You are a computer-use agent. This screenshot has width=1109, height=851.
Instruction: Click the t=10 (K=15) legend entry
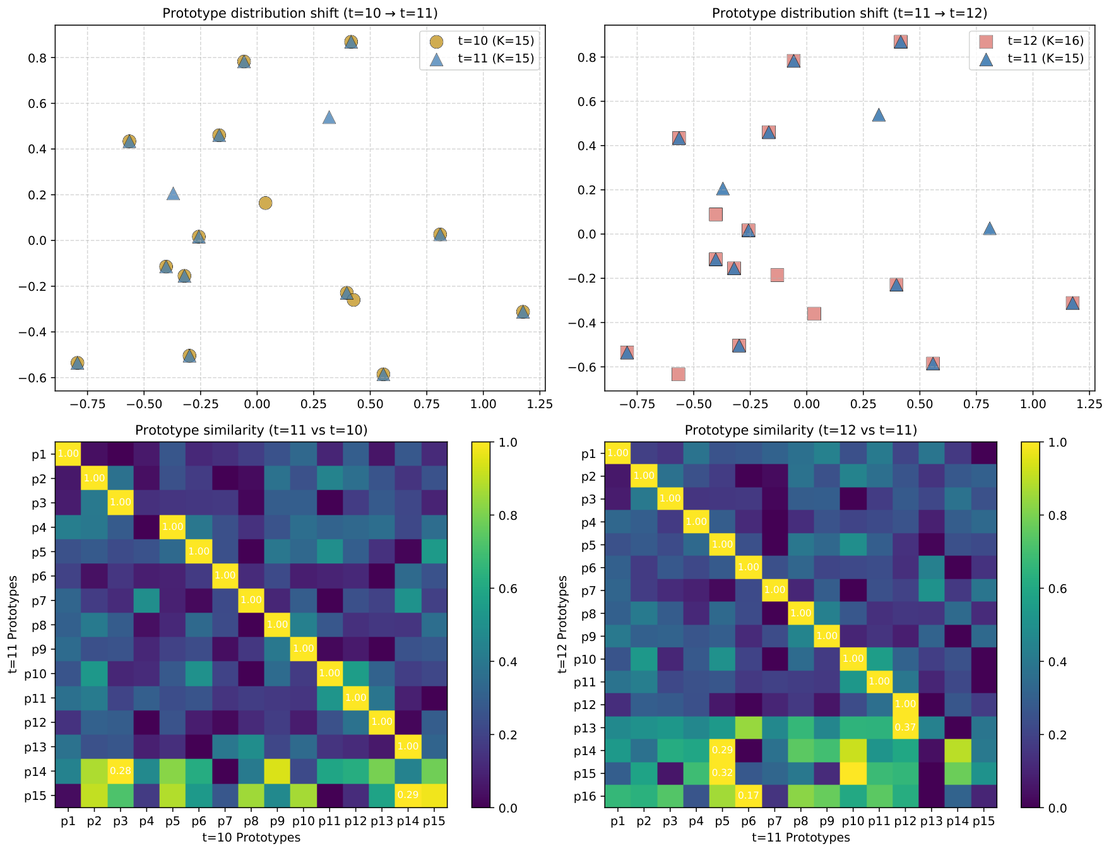482,41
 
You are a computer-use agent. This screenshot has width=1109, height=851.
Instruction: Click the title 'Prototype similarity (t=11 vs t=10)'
251,430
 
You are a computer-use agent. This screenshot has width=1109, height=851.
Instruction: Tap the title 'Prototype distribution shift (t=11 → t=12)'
850,13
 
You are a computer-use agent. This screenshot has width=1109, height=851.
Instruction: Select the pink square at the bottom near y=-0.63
678,374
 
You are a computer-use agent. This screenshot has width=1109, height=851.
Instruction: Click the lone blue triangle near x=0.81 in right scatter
990,228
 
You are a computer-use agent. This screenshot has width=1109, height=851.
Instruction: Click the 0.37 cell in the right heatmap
906,727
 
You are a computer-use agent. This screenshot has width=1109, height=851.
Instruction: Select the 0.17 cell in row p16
749,796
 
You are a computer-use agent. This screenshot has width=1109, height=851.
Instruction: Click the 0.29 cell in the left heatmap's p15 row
408,795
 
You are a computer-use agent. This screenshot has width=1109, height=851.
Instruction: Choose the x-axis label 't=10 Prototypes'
251,837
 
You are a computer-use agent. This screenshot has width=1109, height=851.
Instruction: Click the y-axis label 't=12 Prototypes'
564,624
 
